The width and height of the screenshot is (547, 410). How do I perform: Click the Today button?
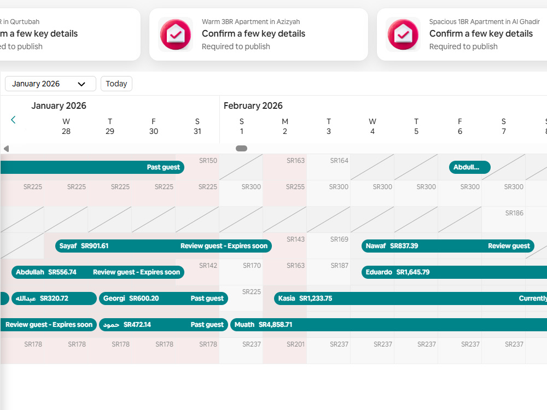116,84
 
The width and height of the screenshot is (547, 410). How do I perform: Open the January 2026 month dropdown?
50,84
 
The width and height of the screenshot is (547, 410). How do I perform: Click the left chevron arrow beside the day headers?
13,120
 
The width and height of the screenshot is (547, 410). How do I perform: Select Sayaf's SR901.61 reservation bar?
163,246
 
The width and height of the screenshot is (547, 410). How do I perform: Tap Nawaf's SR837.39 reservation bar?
448,246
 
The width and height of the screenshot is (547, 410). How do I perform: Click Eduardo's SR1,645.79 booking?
454,272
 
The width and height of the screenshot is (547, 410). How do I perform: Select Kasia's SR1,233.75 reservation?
410,298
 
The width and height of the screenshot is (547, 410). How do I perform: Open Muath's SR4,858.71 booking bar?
388,325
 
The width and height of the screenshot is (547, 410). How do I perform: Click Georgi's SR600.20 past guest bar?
163,298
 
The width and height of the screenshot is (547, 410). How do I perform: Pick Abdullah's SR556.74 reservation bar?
98,272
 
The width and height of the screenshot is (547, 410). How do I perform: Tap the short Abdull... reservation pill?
469,167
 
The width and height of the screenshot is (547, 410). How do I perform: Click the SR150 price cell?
208,161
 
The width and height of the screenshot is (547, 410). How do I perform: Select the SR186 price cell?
514,213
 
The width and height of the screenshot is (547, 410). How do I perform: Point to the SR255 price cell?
295,187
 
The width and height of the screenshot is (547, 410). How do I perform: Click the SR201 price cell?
295,344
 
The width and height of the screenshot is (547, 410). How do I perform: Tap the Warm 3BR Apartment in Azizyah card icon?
176,34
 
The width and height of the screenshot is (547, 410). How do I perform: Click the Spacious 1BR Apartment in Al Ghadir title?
484,22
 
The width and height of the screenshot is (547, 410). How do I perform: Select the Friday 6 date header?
460,126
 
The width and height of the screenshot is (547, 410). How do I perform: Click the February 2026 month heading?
253,106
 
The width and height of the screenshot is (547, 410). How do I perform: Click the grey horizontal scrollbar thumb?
241,149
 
